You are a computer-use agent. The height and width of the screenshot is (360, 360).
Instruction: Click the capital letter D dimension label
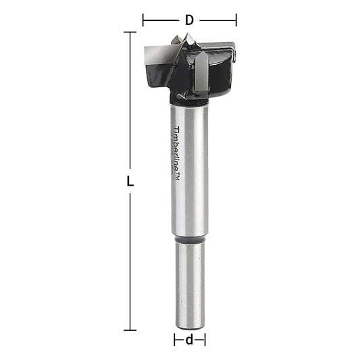[x=189, y=20]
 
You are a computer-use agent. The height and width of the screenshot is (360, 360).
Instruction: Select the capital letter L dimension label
[x=130, y=182]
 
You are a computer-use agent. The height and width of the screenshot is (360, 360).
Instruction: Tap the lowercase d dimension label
[x=190, y=339]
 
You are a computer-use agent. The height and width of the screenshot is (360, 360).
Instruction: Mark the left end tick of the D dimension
[x=143, y=20]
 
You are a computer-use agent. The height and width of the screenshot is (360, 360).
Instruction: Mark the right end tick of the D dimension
[x=236, y=20]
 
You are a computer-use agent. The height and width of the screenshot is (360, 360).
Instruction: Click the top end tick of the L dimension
[x=130, y=32]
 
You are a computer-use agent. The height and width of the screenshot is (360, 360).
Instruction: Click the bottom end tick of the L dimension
[x=130, y=330]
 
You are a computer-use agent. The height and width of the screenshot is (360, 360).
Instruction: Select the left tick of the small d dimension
[x=174, y=339]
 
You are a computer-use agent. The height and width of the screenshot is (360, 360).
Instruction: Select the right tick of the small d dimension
[x=206, y=339]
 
